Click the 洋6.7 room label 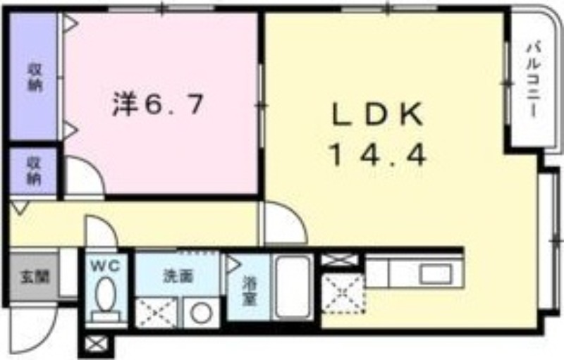click(159, 106)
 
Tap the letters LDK click(377, 114)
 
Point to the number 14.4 click(377, 155)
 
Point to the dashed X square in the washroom click(157, 312)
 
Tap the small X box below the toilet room click(95, 346)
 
